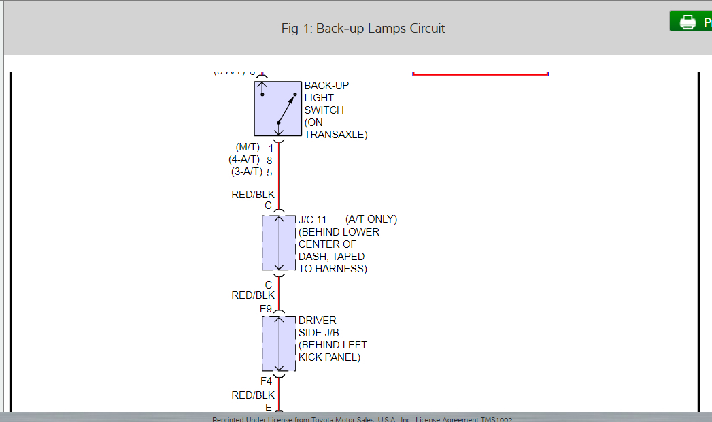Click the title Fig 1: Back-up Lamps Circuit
point(362,29)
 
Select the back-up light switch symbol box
point(277,108)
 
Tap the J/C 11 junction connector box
point(279,242)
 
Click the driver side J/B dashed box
point(279,344)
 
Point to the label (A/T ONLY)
point(371,219)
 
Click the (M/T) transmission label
point(248,147)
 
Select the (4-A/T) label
point(244,159)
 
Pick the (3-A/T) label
point(247,172)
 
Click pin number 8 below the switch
point(270,160)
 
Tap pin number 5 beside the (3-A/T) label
point(270,172)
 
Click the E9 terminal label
point(266,309)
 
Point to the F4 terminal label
point(267,382)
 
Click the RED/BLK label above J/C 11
point(253,195)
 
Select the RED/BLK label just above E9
point(253,295)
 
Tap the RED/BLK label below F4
point(253,395)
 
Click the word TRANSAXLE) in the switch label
point(336,135)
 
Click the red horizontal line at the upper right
point(480,74)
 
